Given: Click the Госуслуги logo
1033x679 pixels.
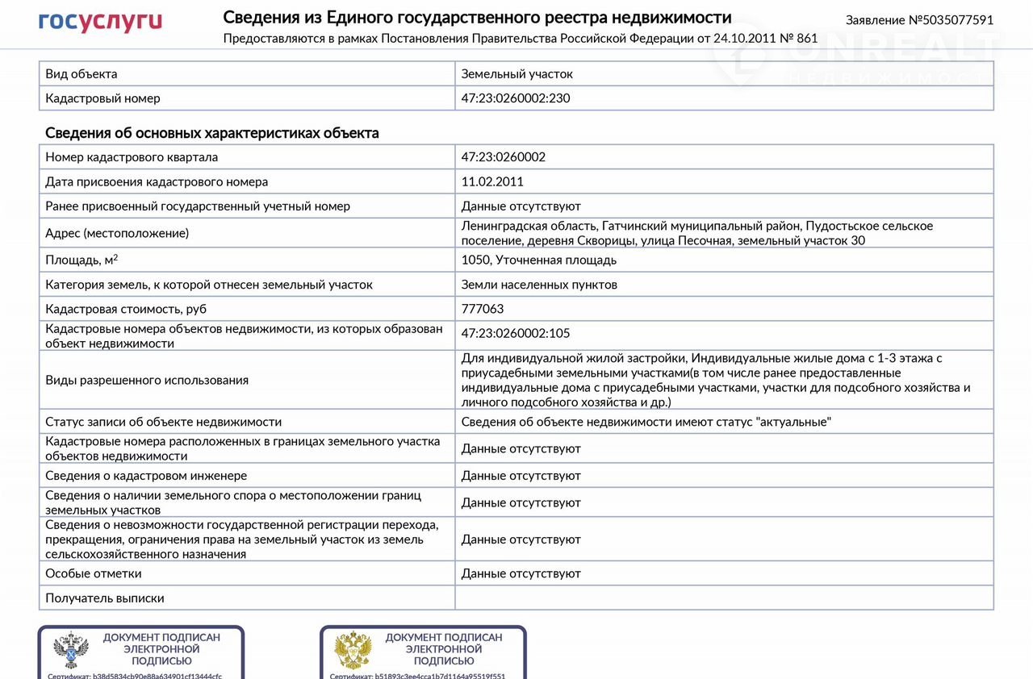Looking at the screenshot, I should [100, 22].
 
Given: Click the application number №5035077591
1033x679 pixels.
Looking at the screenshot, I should [919, 20].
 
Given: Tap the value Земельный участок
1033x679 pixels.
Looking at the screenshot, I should [516, 74].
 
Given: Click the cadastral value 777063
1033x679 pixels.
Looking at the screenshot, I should [483, 309].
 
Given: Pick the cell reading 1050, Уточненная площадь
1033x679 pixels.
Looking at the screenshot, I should [538, 260].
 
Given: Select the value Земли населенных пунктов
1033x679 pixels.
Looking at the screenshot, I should [539, 285].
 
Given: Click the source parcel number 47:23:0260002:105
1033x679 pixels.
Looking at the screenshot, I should [516, 333].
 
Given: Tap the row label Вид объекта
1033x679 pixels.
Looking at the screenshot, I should [82, 74].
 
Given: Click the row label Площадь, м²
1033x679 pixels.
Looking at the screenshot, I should [82, 260].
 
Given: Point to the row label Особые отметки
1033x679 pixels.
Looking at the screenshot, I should [94, 573].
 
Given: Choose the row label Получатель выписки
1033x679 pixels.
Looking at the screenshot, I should [105, 598].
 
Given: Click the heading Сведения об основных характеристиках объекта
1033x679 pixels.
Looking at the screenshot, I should [212, 133].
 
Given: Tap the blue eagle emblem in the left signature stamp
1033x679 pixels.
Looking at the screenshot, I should [71, 650].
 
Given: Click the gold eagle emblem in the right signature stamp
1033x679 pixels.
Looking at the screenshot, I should [353, 650].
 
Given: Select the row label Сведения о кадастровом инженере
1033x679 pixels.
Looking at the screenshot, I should [146, 476].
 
